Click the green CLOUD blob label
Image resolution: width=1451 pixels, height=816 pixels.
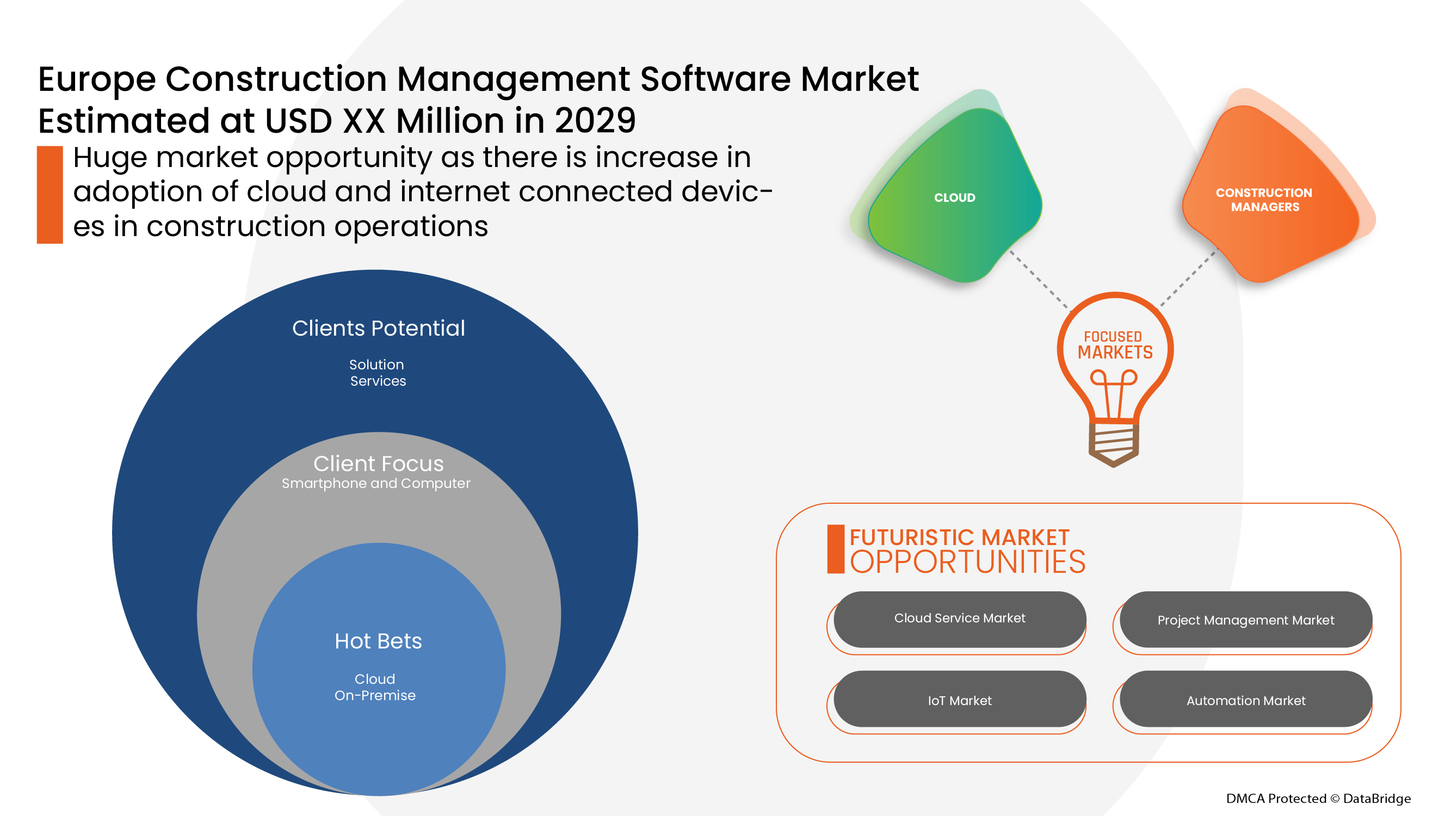pos(954,197)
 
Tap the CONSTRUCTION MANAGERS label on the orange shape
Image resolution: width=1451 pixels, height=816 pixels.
pos(1264,200)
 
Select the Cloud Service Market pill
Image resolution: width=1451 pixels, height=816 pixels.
pos(960,619)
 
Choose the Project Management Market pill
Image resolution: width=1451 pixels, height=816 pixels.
pos(1245,620)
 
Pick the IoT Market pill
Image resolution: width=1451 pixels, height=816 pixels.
pos(960,699)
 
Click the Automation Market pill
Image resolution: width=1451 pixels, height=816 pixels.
pos(1245,699)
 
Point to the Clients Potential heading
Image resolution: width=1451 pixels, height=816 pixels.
pos(379,329)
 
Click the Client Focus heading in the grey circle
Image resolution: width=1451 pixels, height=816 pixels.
pos(379,463)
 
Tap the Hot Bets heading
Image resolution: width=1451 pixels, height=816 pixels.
pos(378,641)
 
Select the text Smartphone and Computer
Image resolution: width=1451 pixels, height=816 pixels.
pos(376,483)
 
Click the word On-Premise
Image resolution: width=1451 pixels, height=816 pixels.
pos(375,695)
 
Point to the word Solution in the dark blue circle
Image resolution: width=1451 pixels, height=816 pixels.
pos(376,364)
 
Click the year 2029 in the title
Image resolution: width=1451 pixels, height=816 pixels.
pos(595,121)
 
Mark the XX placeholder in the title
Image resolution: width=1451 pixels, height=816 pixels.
pos(364,121)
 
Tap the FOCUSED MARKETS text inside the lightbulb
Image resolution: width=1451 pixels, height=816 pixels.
pos(1115,345)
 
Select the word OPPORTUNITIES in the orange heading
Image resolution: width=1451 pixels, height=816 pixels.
pos(967,562)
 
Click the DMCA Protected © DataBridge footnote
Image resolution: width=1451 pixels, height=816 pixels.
pos(1318,798)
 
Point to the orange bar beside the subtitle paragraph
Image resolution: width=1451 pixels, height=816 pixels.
pos(50,195)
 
